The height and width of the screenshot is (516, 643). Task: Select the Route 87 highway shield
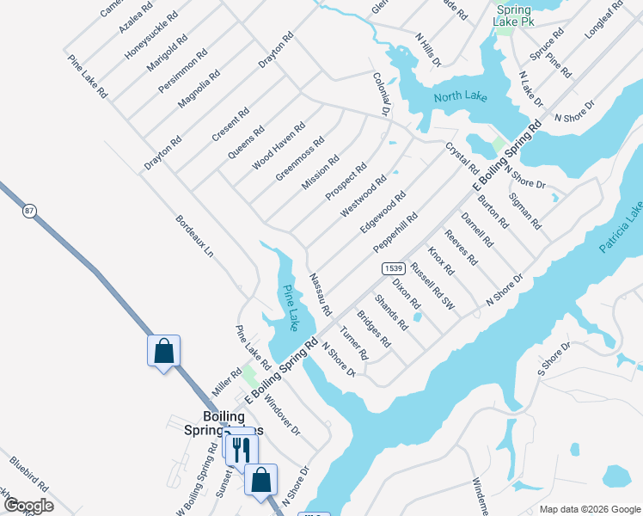(x=29, y=212)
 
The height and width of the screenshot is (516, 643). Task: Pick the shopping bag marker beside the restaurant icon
(x=260, y=480)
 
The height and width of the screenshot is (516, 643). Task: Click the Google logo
(x=28, y=506)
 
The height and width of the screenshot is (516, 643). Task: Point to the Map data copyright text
(x=588, y=509)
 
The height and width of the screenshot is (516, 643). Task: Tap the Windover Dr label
(x=281, y=411)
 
